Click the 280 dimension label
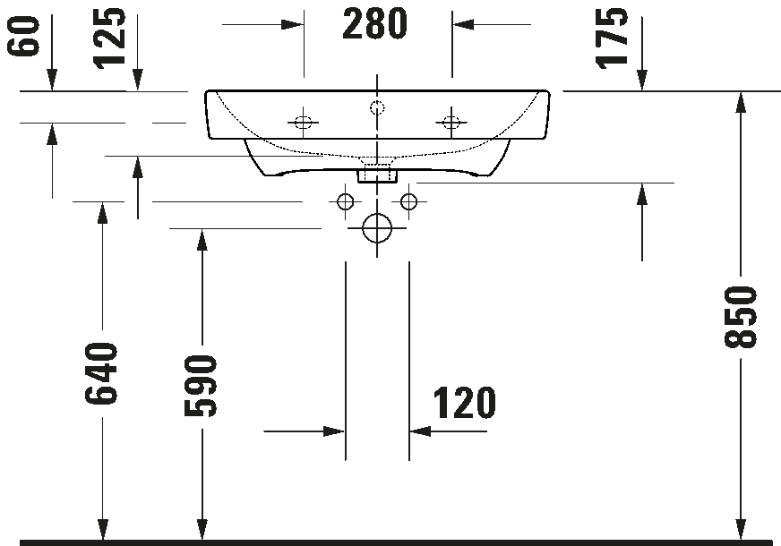click(374, 24)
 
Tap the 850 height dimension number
click(741, 317)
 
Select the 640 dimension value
click(101, 373)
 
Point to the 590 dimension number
click(201, 385)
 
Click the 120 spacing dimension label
click(465, 403)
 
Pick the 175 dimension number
click(612, 38)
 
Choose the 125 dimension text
click(109, 38)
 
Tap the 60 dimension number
click(23, 36)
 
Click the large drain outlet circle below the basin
click(377, 228)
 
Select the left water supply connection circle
click(345, 201)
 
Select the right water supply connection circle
click(409, 201)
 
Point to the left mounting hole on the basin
click(303, 122)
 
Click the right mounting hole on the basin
click(451, 122)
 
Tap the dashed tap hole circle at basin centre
click(378, 107)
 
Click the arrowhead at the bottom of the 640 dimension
click(103, 529)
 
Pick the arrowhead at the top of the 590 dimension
click(202, 240)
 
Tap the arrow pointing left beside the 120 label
click(448, 431)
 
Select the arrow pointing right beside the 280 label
click(262, 24)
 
